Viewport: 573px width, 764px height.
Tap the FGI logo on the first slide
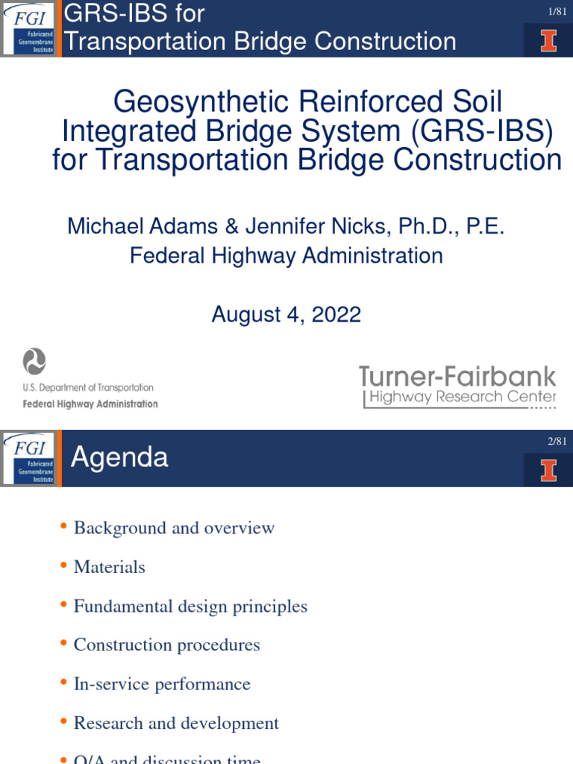click(30, 28)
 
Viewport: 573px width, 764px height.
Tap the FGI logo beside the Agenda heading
click(30, 458)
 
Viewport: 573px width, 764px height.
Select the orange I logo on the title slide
click(548, 39)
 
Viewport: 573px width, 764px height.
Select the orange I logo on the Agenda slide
click(548, 470)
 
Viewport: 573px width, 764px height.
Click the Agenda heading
click(119, 457)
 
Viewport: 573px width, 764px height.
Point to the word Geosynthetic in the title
click(187, 101)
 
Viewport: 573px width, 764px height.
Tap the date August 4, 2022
click(286, 314)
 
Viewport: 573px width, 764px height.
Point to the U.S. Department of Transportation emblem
click(34, 362)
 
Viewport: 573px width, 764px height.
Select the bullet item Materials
click(109, 567)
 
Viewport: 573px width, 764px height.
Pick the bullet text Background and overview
click(174, 528)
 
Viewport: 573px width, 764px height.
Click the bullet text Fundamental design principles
click(190, 607)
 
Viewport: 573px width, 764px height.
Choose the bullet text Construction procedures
click(166, 645)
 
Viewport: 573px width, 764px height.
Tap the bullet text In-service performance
click(162, 684)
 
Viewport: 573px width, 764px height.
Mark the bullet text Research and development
click(176, 723)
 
